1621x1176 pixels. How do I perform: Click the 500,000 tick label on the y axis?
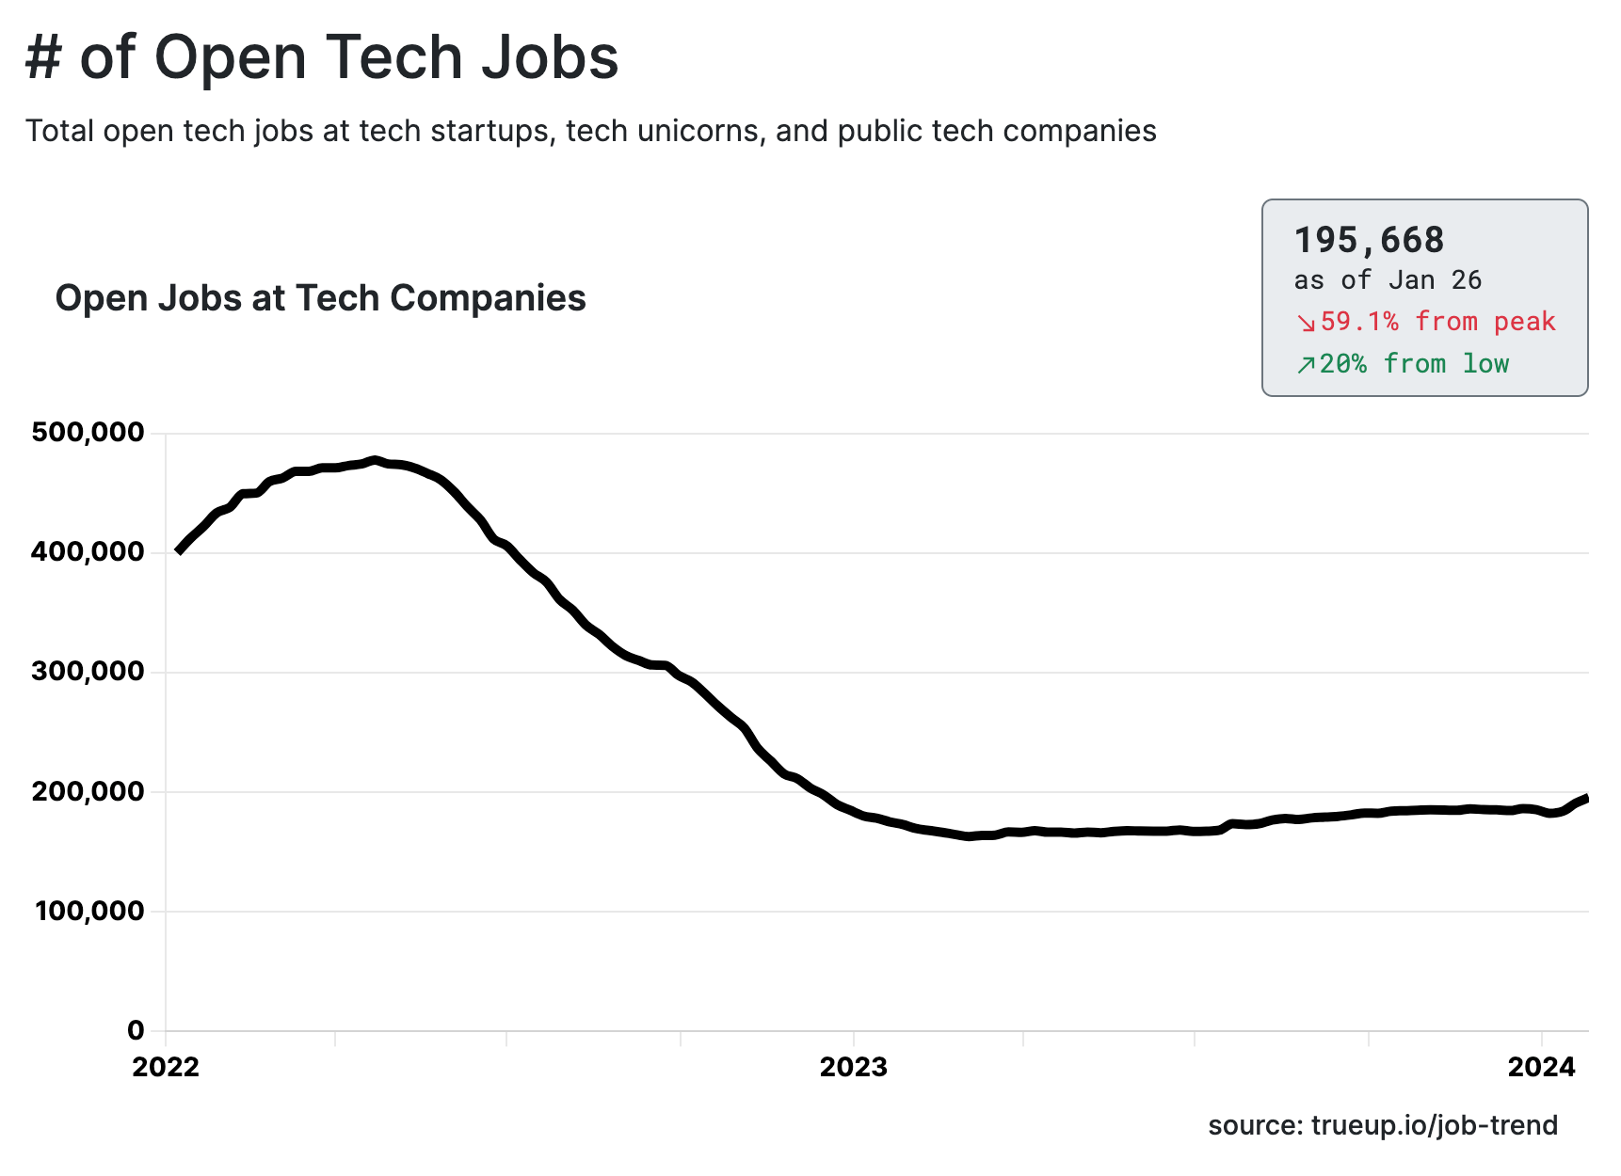tap(88, 433)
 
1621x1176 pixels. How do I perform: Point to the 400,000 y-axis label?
tap(88, 552)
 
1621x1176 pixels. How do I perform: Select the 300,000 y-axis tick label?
tap(88, 672)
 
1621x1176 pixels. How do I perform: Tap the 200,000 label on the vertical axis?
tap(88, 791)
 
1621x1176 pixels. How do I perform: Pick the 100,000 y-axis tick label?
tap(90, 911)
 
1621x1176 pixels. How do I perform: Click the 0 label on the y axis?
tap(136, 1030)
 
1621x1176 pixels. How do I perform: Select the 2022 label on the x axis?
tap(166, 1067)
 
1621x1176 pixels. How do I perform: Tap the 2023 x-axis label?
tap(854, 1067)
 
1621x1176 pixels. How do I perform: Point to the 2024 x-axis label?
tap(1542, 1067)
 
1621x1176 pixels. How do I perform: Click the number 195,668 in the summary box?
tap(1369, 241)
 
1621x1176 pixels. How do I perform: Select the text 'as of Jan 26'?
tap(1388, 280)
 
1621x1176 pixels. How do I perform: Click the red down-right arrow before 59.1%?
tap(1306, 323)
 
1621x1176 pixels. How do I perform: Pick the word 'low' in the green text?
tap(1485, 364)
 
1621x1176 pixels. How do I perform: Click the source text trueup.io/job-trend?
tap(1434, 1126)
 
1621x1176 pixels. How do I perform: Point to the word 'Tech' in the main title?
tap(394, 57)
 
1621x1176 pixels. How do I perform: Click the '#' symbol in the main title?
tap(43, 57)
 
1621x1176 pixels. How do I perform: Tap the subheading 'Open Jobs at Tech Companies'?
tap(320, 298)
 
